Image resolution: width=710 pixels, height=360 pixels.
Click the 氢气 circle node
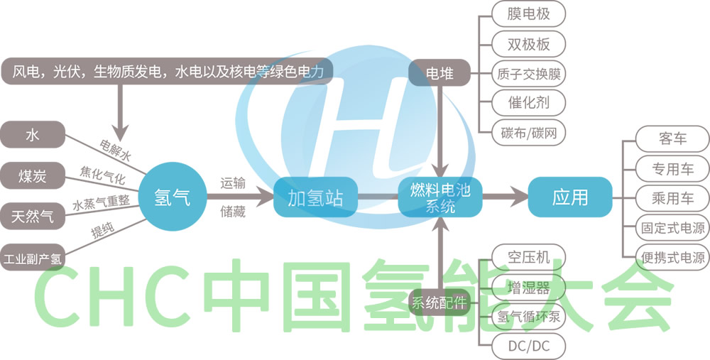pyautogui.click(x=172, y=197)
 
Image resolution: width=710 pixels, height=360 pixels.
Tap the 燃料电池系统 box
pyautogui.click(x=440, y=197)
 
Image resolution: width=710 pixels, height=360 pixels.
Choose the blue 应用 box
pyautogui.click(x=570, y=197)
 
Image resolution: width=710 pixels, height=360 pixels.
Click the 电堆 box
pyautogui.click(x=440, y=72)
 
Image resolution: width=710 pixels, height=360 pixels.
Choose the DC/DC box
pyautogui.click(x=530, y=347)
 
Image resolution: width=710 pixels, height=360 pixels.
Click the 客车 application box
pyautogui.click(x=672, y=138)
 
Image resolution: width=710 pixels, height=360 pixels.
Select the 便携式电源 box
pyautogui.click(x=672, y=258)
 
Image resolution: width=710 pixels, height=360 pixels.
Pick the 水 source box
pyautogui.click(x=32, y=135)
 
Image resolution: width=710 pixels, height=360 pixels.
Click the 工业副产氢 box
pyautogui.click(x=33, y=258)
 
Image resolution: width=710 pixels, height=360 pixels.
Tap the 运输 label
pyautogui.click(x=233, y=183)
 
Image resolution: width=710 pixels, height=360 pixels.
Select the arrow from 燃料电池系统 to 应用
pyautogui.click(x=504, y=197)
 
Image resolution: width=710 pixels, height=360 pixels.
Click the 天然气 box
pyautogui.click(x=32, y=217)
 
